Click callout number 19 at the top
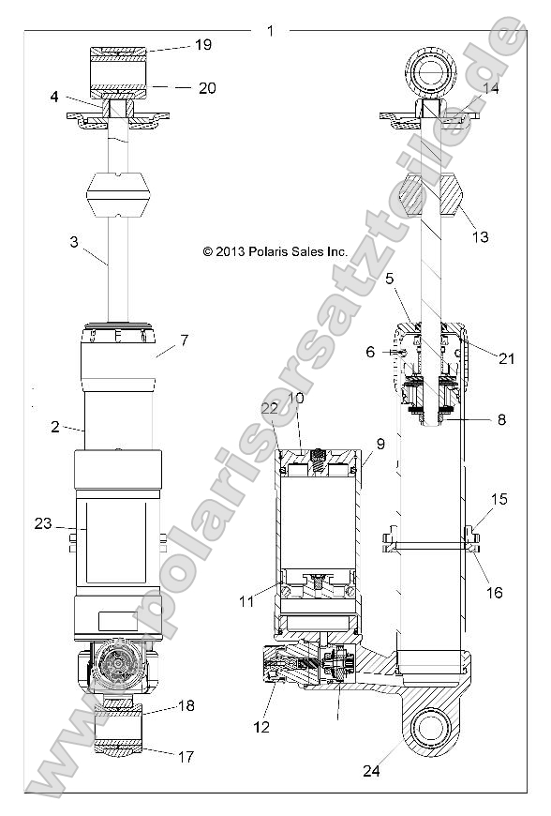pyautogui.click(x=202, y=44)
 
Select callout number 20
pyautogui.click(x=207, y=88)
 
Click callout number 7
pyautogui.click(x=184, y=340)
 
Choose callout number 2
pyautogui.click(x=54, y=427)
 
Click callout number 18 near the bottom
pyautogui.click(x=186, y=705)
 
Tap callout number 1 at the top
pyautogui.click(x=270, y=31)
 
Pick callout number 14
pyautogui.click(x=491, y=88)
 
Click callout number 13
pyautogui.click(x=480, y=237)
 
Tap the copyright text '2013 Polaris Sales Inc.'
pyautogui.click(x=275, y=251)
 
